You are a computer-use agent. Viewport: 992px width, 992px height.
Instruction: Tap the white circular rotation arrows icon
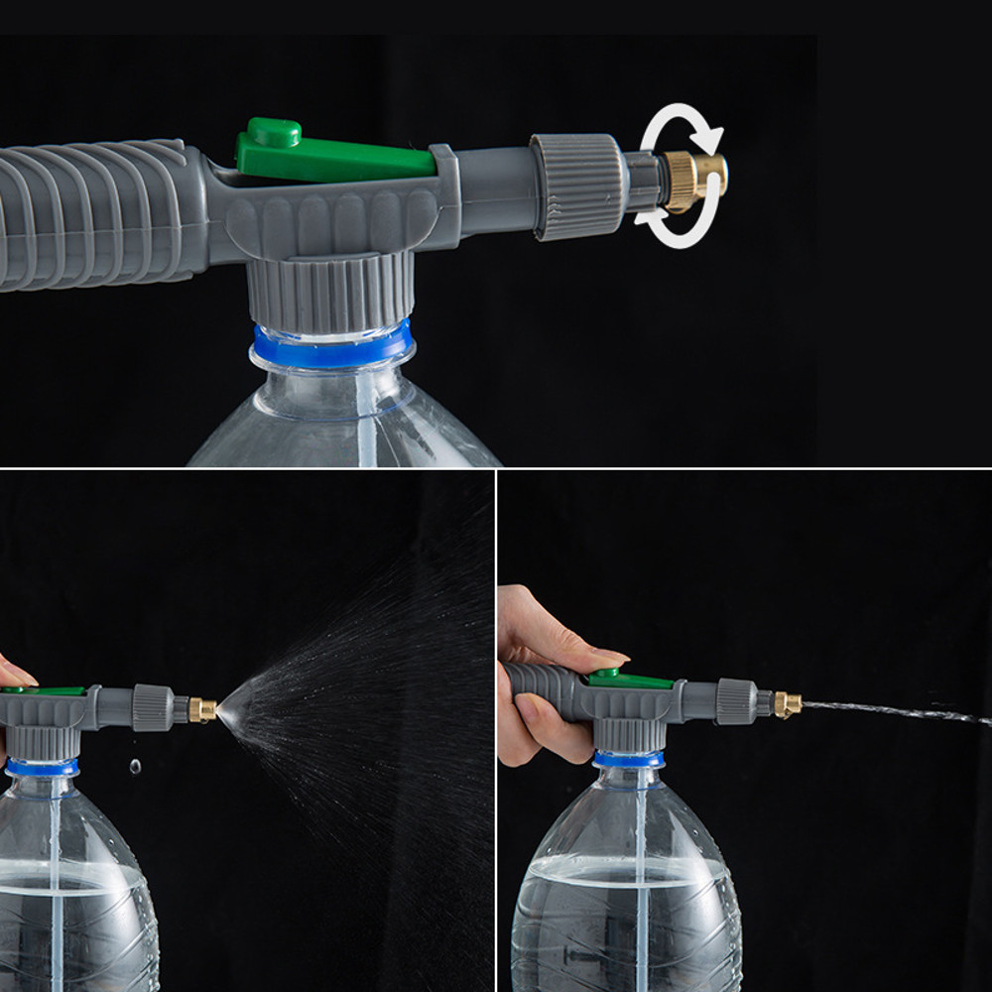681,175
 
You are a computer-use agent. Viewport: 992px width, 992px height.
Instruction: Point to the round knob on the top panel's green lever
274,132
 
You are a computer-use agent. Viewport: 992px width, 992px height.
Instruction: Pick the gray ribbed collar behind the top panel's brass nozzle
578,186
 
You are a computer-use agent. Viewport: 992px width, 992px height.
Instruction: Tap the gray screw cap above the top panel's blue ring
329,290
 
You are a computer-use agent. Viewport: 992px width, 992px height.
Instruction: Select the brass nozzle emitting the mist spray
203,709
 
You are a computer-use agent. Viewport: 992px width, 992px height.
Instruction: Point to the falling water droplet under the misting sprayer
135,766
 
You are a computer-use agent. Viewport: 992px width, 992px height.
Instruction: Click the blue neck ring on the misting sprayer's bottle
42,767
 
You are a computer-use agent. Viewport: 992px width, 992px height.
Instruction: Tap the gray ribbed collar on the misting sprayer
153,707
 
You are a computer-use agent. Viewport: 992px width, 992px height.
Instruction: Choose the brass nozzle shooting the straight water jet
788,704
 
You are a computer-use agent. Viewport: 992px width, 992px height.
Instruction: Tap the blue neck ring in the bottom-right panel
629,760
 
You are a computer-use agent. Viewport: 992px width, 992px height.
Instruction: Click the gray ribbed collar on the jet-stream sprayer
737,701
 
